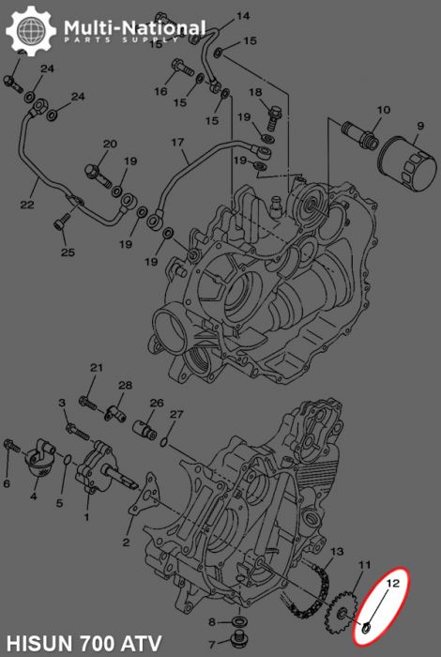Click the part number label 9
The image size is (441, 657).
421,126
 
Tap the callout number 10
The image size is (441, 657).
383,110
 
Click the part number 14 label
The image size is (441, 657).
243,16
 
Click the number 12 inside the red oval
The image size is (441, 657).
395,583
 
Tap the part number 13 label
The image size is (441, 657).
338,550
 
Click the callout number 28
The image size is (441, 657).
126,386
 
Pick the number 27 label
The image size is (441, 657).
176,414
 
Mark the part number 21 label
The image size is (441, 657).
96,367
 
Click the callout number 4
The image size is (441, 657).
34,497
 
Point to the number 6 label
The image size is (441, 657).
7,484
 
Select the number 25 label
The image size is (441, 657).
68,252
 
